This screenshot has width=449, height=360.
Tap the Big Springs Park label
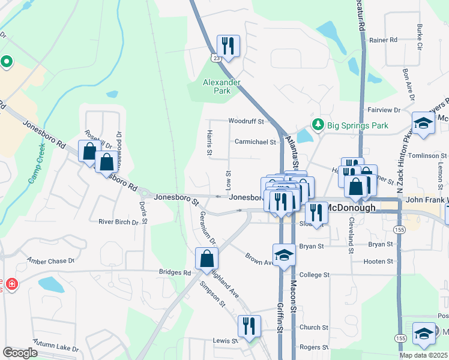357,126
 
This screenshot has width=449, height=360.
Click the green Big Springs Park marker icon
318,125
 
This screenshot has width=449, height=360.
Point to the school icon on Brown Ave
285,254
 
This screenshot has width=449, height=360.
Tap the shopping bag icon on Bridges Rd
206,259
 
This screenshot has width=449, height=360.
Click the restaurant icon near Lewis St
249,326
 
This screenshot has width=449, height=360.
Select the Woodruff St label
246,121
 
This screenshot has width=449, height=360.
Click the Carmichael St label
255,143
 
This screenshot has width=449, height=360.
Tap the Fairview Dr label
384,110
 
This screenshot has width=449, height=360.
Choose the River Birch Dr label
118,222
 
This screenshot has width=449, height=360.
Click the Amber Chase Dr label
50,261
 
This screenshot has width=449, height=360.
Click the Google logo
20,353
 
